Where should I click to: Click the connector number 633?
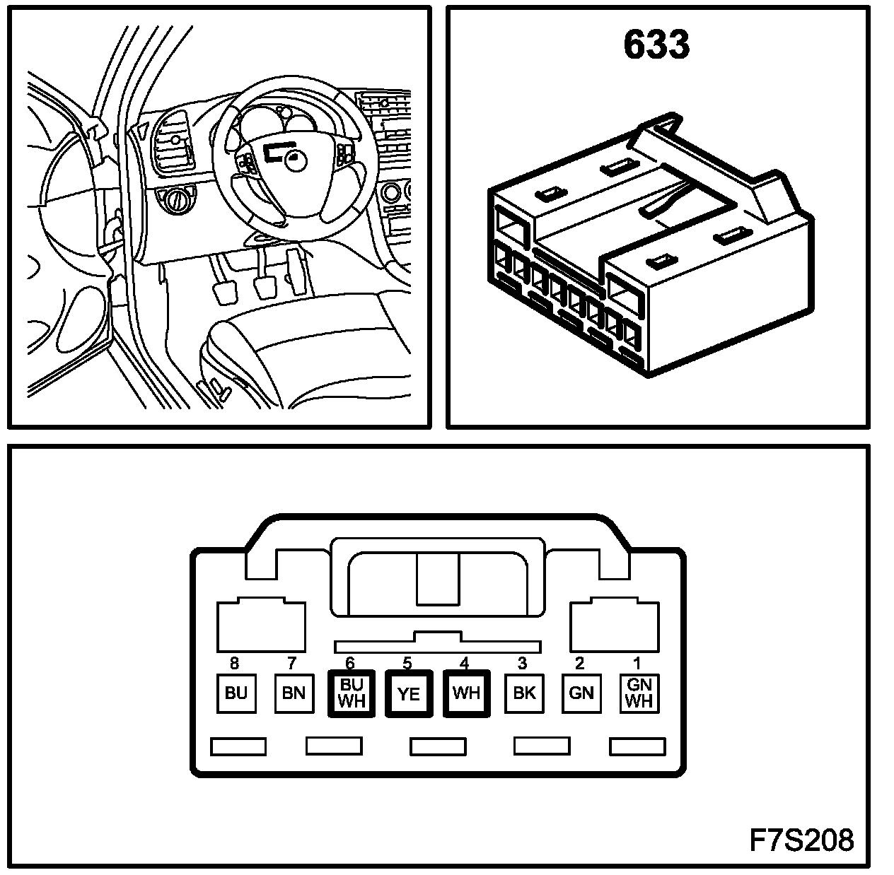point(656,44)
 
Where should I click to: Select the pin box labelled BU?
point(236,693)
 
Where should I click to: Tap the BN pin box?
point(294,693)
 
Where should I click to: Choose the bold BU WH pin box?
point(352,693)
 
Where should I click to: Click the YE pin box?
point(409,693)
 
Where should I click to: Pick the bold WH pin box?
point(466,693)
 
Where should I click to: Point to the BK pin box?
point(524,693)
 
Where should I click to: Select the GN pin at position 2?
point(581,693)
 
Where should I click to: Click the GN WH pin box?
point(639,693)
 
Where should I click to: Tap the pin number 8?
point(235,663)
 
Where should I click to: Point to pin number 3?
point(523,663)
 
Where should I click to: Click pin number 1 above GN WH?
point(637,663)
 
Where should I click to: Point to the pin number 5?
point(407,663)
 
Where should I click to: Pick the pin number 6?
point(349,663)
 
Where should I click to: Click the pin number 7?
point(291,663)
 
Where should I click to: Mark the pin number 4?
point(465,663)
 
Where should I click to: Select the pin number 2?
point(580,663)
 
